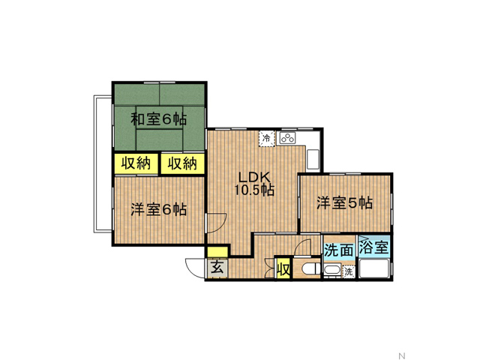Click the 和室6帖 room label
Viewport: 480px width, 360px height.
[158, 119]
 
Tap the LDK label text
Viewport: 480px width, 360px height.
[253, 178]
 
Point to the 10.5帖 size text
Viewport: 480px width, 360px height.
[254, 190]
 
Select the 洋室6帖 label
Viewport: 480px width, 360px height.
[158, 210]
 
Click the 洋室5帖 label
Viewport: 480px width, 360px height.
[344, 202]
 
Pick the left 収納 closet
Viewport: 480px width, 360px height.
[136, 163]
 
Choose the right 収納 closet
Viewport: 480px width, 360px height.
[182, 163]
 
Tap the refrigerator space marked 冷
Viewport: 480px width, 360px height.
[267, 138]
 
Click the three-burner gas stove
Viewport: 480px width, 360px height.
[287, 138]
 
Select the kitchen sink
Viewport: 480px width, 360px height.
[313, 159]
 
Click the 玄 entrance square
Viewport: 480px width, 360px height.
[217, 268]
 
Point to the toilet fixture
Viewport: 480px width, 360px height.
[310, 269]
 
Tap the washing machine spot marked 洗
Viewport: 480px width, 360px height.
[348, 271]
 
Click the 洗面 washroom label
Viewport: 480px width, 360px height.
[339, 250]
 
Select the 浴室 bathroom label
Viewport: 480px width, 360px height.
[373, 247]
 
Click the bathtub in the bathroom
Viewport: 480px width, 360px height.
[374, 268]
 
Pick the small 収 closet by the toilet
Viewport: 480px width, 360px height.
[283, 269]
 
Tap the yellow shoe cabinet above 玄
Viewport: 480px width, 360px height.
[217, 252]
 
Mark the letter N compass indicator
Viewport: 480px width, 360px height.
[402, 355]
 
